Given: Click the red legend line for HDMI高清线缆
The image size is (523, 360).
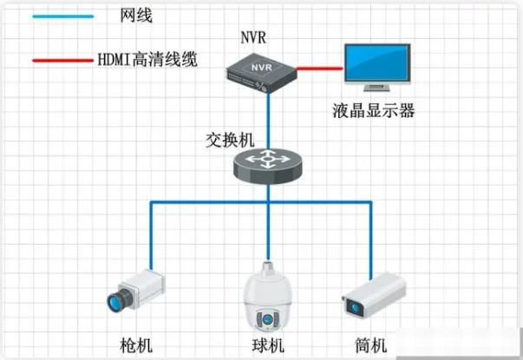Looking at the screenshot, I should tap(62, 61).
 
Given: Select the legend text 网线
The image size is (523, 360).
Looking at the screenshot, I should tap(130, 16).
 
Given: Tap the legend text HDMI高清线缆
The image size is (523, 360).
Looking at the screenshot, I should tap(148, 61).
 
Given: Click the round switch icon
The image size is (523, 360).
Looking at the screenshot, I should tap(267, 161).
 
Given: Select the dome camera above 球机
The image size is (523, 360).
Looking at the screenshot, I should tap(267, 300).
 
